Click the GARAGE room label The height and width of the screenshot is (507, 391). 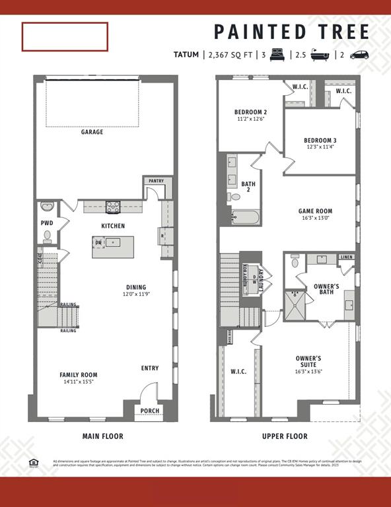tap(92, 132)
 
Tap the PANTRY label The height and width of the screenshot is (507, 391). tap(157, 180)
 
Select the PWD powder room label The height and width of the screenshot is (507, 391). tap(47, 223)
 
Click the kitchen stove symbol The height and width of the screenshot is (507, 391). tap(112, 207)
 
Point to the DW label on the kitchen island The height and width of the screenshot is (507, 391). tap(98, 243)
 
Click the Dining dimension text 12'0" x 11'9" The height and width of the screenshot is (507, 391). tap(137, 294)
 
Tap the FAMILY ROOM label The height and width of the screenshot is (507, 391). tap(79, 374)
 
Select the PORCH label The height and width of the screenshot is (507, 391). tap(151, 411)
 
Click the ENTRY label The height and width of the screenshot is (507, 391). tap(150, 368)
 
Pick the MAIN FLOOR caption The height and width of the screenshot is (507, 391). tap(102, 436)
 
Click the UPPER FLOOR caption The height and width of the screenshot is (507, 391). tap(285, 436)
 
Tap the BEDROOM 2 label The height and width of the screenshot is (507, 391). tap(250, 112)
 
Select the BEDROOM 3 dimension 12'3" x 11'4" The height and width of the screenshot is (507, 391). tap(321, 147)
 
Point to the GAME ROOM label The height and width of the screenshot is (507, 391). tap(315, 211)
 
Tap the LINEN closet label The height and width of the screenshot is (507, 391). tap(347, 257)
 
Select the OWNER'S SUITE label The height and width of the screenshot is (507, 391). tap(308, 361)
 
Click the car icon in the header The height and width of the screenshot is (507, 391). tap(360, 55)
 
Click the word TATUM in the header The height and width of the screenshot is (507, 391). tap(186, 55)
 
